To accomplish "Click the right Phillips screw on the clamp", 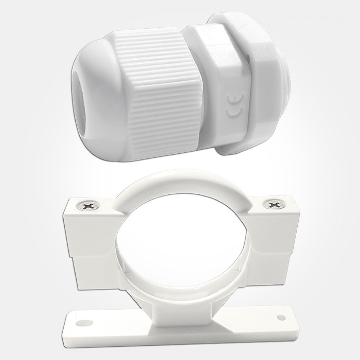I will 275,204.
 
